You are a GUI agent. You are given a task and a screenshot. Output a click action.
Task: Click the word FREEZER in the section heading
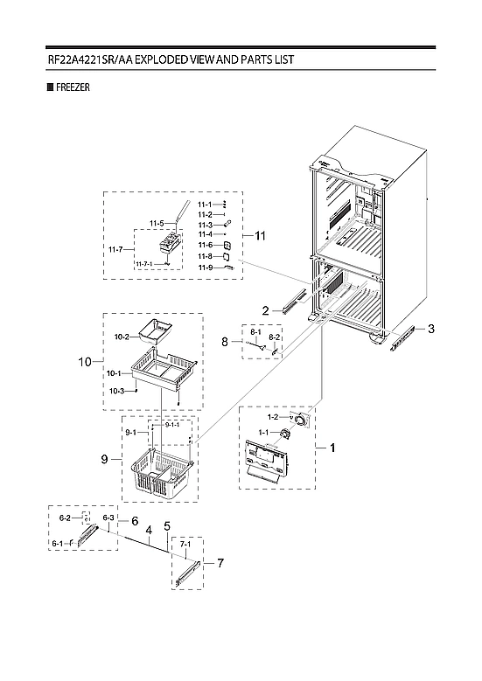(x=72, y=87)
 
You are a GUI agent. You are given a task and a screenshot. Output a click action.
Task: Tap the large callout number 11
(x=259, y=235)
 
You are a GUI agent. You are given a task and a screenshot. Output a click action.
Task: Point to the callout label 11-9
(x=205, y=267)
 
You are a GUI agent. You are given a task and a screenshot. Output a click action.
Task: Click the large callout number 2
(x=264, y=309)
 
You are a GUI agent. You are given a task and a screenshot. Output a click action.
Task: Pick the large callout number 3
(x=431, y=329)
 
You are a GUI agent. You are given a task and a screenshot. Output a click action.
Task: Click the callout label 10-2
(x=122, y=337)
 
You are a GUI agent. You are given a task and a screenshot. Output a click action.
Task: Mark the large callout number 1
(x=332, y=448)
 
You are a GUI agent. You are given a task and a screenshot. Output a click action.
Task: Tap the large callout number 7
(x=220, y=563)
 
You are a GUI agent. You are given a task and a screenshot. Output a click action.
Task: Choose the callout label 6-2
(x=64, y=518)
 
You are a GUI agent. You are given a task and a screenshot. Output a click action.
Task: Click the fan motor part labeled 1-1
(x=284, y=434)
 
